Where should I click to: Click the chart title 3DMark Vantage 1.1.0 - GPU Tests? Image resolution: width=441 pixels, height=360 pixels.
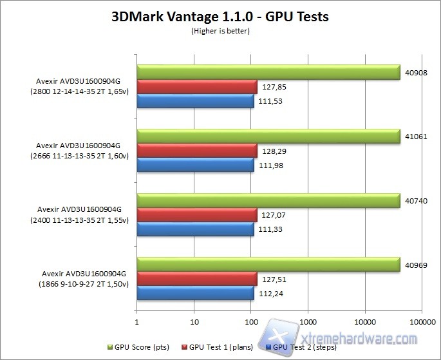tap(220, 17)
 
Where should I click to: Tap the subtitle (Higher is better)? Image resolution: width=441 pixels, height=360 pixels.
tap(220, 31)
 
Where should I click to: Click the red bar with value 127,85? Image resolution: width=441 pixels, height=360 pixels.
tap(197, 86)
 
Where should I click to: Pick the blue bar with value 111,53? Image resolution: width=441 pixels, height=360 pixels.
tap(195, 101)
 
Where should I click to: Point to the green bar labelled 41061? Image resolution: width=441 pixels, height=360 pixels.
tap(267, 137)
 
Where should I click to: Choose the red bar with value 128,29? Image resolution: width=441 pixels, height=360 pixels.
tap(197, 151)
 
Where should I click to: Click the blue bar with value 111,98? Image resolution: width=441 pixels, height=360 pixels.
tap(195, 166)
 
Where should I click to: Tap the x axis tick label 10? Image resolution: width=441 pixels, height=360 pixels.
tap(194, 319)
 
